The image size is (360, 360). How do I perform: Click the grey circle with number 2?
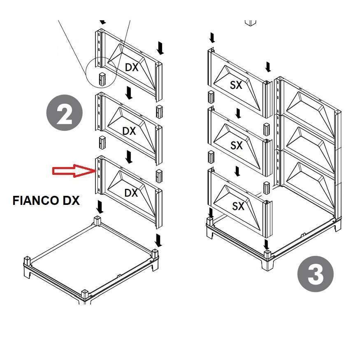[x=64, y=113]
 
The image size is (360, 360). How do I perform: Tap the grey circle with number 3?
[x=315, y=274]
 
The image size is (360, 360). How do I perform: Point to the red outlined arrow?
[x=74, y=171]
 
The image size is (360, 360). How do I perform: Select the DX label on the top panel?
[x=132, y=67]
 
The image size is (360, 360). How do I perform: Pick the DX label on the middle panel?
[x=129, y=131]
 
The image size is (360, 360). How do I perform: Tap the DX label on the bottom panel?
[x=131, y=193]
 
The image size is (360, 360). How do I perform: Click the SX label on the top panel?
[x=236, y=85]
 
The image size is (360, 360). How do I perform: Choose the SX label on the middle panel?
[x=237, y=145]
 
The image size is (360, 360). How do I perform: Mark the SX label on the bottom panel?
[x=238, y=206]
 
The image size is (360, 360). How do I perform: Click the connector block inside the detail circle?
[x=102, y=79]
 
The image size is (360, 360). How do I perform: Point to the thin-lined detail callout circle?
[x=101, y=72]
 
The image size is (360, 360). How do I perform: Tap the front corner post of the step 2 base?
[x=85, y=295]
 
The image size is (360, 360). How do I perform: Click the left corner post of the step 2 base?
[x=27, y=261]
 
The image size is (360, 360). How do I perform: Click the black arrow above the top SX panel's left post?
[x=212, y=38]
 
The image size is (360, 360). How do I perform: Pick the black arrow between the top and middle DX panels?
[x=129, y=93]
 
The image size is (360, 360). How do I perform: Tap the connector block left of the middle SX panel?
[x=211, y=157]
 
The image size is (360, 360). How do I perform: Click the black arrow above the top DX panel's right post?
[x=160, y=48]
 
